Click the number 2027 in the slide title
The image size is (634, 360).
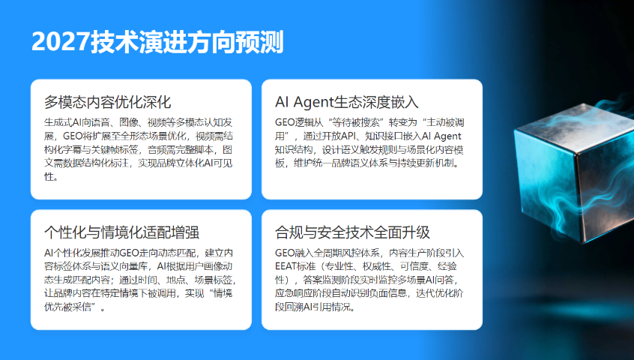tap(60, 43)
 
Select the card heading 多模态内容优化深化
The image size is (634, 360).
tap(108, 102)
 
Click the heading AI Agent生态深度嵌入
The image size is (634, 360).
tap(347, 102)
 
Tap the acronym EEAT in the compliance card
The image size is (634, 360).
tap(289, 266)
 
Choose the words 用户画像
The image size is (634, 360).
tap(203, 266)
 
